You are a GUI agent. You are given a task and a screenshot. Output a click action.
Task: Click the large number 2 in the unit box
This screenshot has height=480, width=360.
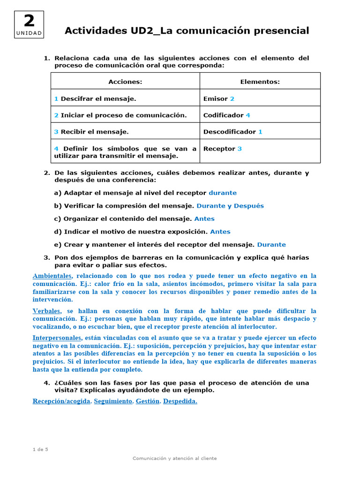pyautogui.click(x=29, y=21)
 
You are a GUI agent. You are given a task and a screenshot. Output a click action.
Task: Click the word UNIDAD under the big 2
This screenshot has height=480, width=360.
pyautogui.click(x=29, y=33)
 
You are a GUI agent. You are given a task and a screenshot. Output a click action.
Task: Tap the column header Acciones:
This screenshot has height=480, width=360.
pyautogui.click(x=125, y=82)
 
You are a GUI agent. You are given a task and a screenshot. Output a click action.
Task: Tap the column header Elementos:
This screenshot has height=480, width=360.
pyautogui.click(x=260, y=82)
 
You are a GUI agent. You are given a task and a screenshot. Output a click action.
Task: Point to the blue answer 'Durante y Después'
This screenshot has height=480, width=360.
pyautogui.click(x=230, y=205)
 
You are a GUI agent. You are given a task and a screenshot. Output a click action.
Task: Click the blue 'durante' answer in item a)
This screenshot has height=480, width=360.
pyautogui.click(x=223, y=193)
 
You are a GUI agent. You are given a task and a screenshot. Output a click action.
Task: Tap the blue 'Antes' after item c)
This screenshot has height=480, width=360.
pyautogui.click(x=204, y=218)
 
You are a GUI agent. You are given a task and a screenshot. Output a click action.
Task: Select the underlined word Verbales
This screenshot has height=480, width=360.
pyautogui.click(x=46, y=311)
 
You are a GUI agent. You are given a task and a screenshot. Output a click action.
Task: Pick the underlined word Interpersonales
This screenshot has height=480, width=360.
pyautogui.click(x=57, y=337)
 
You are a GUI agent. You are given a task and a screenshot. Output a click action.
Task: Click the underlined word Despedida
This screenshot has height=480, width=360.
pyautogui.click(x=180, y=401)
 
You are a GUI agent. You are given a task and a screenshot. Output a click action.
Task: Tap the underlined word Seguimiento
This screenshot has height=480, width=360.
pyautogui.click(x=113, y=401)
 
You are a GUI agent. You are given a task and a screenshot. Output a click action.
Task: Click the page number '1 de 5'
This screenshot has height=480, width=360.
pyautogui.click(x=40, y=449)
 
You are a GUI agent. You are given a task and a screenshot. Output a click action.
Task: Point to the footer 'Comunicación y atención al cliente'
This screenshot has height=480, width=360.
pyautogui.click(x=175, y=458)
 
